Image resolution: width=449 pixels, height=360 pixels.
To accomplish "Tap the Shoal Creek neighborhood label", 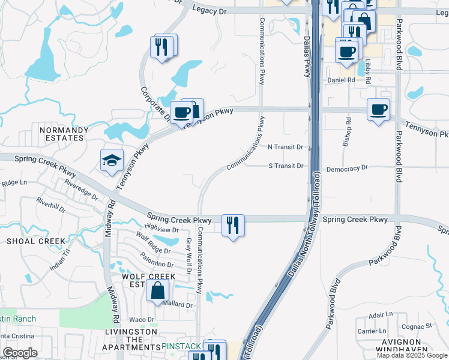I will click(35, 241).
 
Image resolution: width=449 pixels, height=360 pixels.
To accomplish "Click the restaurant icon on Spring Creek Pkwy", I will click(232, 226).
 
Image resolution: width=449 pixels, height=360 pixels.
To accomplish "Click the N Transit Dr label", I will click(285, 147).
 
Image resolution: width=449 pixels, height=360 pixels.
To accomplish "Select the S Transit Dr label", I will click(285, 166).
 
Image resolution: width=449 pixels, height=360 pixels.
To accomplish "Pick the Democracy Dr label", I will click(346, 169).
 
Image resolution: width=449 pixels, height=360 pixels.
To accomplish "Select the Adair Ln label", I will click(381, 314).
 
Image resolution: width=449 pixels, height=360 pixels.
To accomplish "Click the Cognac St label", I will click(420, 326).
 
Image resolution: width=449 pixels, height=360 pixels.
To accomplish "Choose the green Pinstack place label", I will click(180, 347).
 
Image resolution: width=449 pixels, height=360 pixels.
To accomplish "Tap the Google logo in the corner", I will click(20, 353).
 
